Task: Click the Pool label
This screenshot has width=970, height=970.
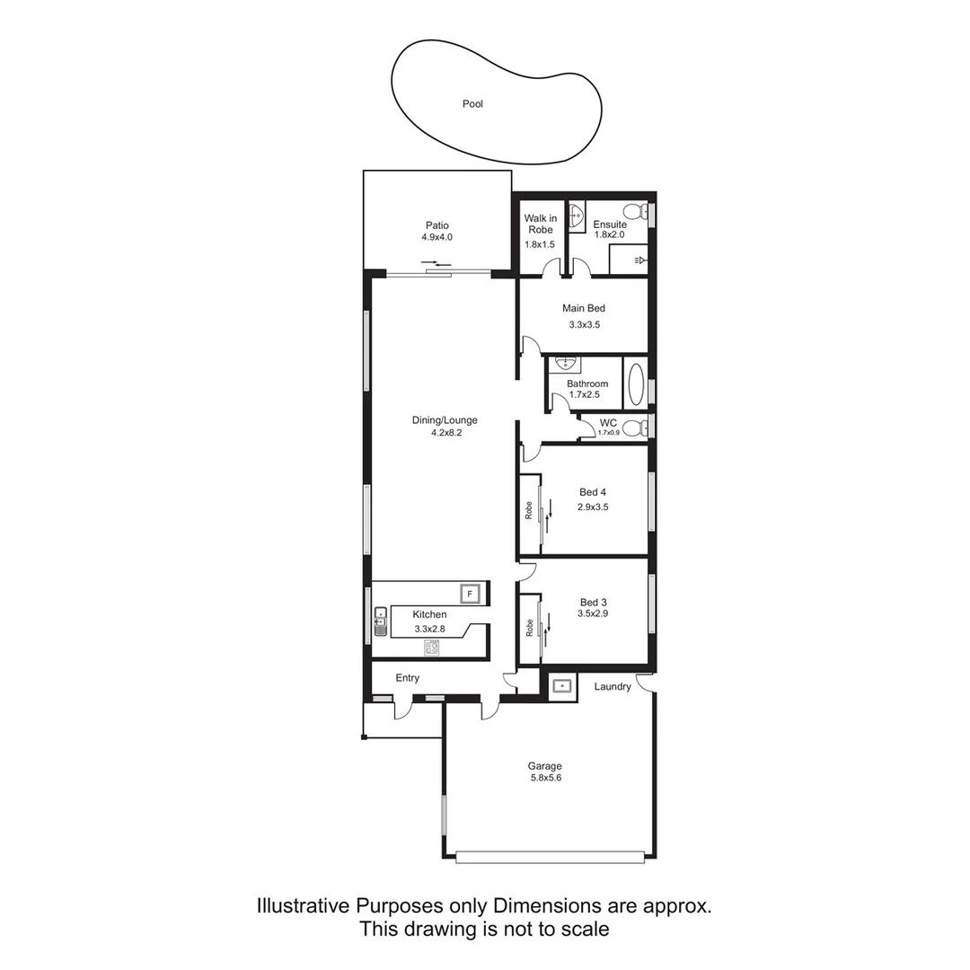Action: coord(472,104)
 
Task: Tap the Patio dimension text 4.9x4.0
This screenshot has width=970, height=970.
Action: coord(437,237)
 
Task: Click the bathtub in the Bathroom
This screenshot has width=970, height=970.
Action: coord(635,384)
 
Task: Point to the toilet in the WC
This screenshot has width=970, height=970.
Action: coord(634,428)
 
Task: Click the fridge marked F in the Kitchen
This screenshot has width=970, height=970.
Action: coord(470,594)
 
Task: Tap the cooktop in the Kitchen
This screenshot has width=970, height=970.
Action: coord(432,648)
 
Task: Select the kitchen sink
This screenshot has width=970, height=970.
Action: coord(380,621)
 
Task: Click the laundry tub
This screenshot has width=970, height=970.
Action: coord(561,686)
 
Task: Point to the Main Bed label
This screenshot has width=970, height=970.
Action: coord(584,308)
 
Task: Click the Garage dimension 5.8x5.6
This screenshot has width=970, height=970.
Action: coord(545,779)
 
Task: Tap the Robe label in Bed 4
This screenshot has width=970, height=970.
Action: coord(530,510)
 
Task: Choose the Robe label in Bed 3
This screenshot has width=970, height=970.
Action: coord(530,628)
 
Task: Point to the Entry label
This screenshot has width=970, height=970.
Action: coord(408,678)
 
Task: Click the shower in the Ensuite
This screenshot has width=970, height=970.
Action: coord(629,260)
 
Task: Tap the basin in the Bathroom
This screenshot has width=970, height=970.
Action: coord(565,364)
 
